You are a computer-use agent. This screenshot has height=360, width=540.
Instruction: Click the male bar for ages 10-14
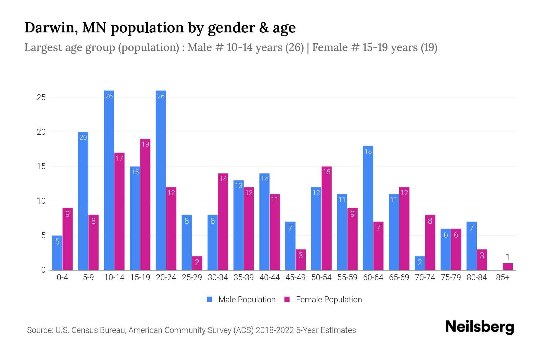(x=109, y=180)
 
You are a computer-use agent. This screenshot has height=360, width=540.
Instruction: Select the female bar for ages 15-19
(x=145, y=204)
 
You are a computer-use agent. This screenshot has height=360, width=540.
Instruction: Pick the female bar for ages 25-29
(x=197, y=263)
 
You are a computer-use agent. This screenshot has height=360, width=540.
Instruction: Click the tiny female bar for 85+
(x=508, y=266)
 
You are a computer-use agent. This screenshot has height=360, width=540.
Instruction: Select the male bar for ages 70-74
(x=420, y=263)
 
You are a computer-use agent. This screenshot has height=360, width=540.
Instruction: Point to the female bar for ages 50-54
(x=327, y=218)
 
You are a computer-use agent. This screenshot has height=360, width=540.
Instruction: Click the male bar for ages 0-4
(x=57, y=253)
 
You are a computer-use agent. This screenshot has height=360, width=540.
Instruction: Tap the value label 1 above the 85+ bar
(x=508, y=257)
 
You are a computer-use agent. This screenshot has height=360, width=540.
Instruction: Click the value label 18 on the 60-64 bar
(x=368, y=151)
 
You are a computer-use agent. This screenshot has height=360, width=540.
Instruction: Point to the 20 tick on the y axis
(x=41, y=132)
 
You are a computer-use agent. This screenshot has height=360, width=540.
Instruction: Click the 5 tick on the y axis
(x=43, y=235)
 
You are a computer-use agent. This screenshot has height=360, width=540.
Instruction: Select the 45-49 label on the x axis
(x=295, y=277)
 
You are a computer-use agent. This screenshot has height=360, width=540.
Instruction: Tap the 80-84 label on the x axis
(x=477, y=277)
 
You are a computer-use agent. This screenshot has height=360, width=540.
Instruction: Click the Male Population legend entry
(x=247, y=300)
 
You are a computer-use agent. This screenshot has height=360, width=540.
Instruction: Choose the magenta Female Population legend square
(x=287, y=299)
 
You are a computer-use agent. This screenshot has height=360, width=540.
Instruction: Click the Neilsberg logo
(x=479, y=327)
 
